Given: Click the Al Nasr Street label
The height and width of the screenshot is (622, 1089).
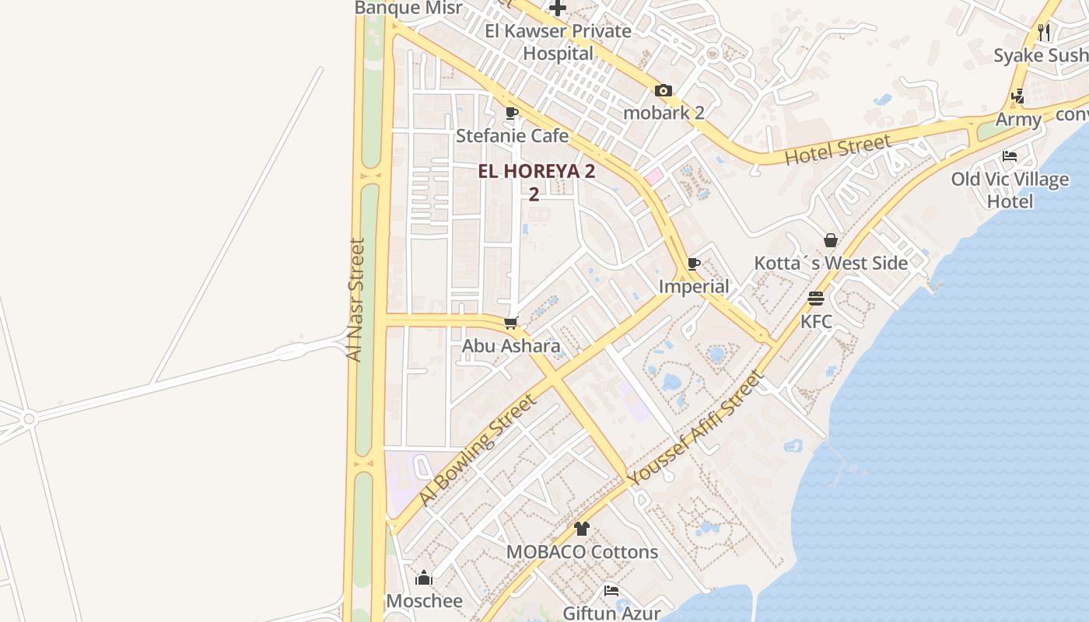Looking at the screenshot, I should pyautogui.click(x=355, y=299).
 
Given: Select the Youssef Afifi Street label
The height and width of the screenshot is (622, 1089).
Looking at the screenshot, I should pyautogui.click(x=695, y=430).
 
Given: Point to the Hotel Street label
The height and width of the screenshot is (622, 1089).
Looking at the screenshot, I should pyautogui.click(x=837, y=149).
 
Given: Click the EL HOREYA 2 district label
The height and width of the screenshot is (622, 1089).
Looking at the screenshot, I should pyautogui.click(x=536, y=172).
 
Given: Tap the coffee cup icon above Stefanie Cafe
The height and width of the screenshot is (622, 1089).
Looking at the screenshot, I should pyautogui.click(x=511, y=114).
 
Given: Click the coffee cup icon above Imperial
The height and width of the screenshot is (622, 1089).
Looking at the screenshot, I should pyautogui.click(x=694, y=264).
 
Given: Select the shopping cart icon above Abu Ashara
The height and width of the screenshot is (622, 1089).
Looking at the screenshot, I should pyautogui.click(x=511, y=323).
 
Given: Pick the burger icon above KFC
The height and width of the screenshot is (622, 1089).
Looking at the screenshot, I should pyautogui.click(x=815, y=299).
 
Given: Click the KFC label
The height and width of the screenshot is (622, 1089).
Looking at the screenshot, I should pyautogui.click(x=816, y=321).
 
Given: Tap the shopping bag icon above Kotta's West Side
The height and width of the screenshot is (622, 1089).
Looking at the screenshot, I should pyautogui.click(x=830, y=240).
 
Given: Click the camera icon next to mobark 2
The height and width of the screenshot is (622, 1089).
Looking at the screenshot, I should pyautogui.click(x=663, y=91).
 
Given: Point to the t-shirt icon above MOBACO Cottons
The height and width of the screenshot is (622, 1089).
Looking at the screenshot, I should pyautogui.click(x=582, y=529).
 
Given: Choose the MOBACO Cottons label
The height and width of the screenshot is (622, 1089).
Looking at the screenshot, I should pyautogui.click(x=582, y=552).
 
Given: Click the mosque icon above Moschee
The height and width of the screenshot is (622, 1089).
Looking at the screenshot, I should pyautogui.click(x=424, y=578).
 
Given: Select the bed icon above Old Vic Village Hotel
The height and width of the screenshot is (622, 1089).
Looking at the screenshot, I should pyautogui.click(x=1010, y=156).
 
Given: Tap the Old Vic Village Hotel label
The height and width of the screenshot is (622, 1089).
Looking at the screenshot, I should pyautogui.click(x=1010, y=190).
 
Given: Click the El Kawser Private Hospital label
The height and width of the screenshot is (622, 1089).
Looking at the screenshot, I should pyautogui.click(x=558, y=42).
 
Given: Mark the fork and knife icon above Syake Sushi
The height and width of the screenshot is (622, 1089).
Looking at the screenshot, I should pyautogui.click(x=1044, y=33).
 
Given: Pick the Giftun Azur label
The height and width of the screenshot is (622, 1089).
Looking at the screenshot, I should pyautogui.click(x=611, y=613).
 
